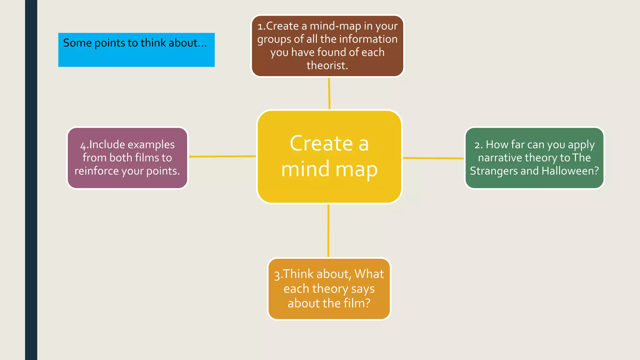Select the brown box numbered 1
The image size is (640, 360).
pos(327,46)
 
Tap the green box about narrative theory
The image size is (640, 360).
pos(534,157)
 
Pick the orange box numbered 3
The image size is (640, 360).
pos(329,288)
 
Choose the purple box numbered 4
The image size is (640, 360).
pos(127,157)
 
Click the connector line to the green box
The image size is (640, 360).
pos(433,158)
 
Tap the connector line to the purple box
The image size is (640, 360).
pos(222,156)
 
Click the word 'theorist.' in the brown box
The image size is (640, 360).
pos(327,65)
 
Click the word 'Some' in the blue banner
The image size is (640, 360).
pos(77,43)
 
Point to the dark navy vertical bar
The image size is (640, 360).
pos(31,180)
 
